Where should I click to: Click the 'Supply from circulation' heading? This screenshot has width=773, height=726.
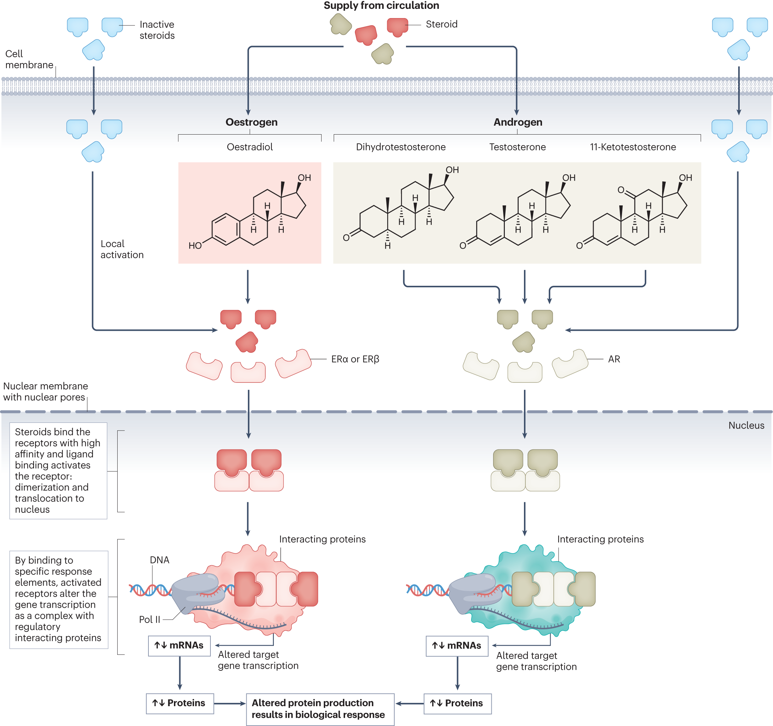click(381, 5)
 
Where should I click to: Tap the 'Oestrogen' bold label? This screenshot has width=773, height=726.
click(252, 122)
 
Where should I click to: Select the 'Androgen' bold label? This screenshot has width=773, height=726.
click(518, 122)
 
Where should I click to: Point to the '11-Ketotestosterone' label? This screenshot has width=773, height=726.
click(633, 147)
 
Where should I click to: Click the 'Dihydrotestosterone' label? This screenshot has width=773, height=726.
click(401, 147)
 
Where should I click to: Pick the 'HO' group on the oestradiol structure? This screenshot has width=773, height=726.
click(195, 246)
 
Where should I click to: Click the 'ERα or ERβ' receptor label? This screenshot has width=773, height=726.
click(355, 359)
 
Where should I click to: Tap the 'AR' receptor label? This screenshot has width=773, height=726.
click(614, 359)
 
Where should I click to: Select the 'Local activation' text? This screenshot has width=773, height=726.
click(122, 249)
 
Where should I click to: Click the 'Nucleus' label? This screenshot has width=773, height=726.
click(746, 425)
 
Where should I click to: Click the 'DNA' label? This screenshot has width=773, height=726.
click(159, 560)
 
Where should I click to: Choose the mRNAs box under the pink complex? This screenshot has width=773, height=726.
click(179, 646)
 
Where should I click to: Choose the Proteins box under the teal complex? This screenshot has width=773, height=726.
click(457, 703)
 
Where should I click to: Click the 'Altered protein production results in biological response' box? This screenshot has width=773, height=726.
click(320, 709)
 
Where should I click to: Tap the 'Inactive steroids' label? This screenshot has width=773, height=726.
click(157, 30)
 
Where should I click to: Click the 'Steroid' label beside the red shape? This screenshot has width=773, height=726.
click(441, 24)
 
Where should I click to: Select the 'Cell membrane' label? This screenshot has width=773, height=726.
click(29, 59)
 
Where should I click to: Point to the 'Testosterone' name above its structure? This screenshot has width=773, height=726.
click(517, 147)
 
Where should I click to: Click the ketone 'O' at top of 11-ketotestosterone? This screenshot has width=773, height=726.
click(621, 190)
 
